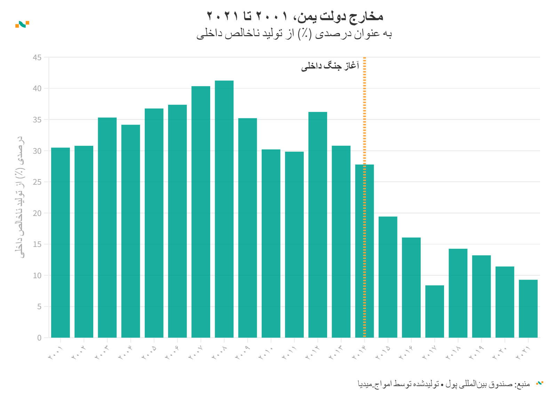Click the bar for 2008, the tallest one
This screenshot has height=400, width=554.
pyautogui.click(x=224, y=209)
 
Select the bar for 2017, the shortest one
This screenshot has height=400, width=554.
pyautogui.click(x=435, y=311)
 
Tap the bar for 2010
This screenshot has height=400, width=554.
pyautogui.click(x=271, y=243)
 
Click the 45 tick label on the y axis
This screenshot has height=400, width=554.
pyautogui.click(x=37, y=57)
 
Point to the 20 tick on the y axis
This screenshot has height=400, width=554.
pyautogui.click(x=37, y=213)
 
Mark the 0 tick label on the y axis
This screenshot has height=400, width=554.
pyautogui.click(x=39, y=338)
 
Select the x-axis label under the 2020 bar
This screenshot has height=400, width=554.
pyautogui.click(x=500, y=352)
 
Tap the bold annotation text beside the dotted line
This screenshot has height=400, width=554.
pyautogui.click(x=330, y=66)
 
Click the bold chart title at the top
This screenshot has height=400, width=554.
pyautogui.click(x=295, y=16)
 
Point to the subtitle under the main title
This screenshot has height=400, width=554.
pyautogui.click(x=294, y=34)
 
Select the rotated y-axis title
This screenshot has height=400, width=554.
pyautogui.click(x=20, y=197)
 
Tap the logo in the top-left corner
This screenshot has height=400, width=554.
pyautogui.click(x=22, y=24)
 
